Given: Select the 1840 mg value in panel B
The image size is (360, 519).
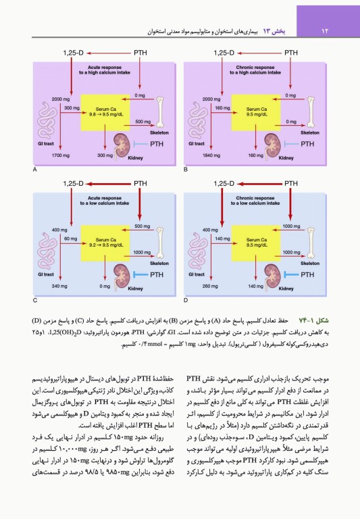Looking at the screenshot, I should [212, 157].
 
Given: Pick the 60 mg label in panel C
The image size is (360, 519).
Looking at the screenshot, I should [70, 239].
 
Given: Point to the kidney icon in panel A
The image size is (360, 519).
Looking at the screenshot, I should [122, 143].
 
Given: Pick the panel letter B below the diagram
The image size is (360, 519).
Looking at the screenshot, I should [186, 168].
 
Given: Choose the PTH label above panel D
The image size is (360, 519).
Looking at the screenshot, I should [291, 182].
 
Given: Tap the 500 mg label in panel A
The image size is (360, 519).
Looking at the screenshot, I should [143, 122].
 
